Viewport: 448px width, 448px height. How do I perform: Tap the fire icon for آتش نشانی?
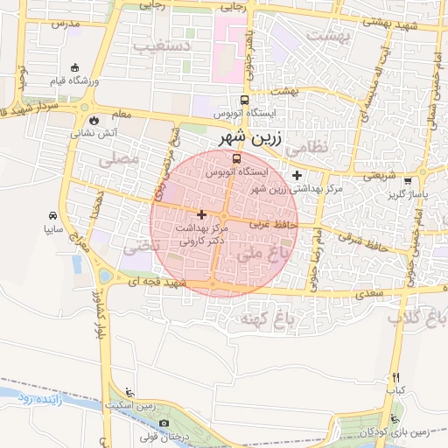click(94, 120)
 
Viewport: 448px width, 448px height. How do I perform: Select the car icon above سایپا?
click(53, 216)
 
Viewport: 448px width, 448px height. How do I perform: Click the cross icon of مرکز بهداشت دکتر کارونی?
click(202, 214)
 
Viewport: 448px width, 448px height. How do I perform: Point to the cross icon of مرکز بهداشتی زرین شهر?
click(297, 176)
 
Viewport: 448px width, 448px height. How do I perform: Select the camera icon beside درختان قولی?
click(140, 425)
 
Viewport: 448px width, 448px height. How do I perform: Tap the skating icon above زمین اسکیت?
click(130, 392)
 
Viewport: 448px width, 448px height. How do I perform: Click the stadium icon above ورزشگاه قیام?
click(75, 67)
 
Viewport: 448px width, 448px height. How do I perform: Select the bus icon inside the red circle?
click(236, 159)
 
